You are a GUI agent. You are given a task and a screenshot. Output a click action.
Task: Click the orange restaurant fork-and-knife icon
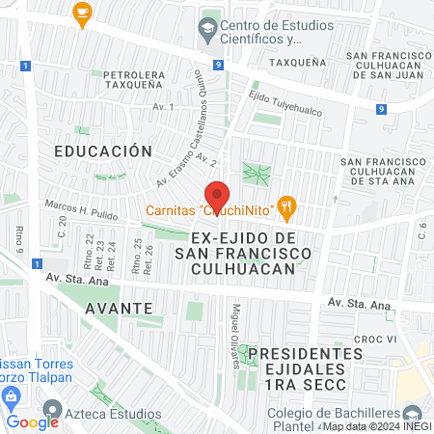[285, 205]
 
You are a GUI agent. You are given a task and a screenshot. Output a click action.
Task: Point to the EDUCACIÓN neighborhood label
[103, 151]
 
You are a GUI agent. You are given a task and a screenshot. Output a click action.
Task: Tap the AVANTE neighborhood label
[119, 307]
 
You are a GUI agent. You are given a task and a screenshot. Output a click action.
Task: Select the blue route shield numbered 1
[36, 263]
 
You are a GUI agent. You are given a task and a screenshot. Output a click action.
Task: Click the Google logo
[32, 421]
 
